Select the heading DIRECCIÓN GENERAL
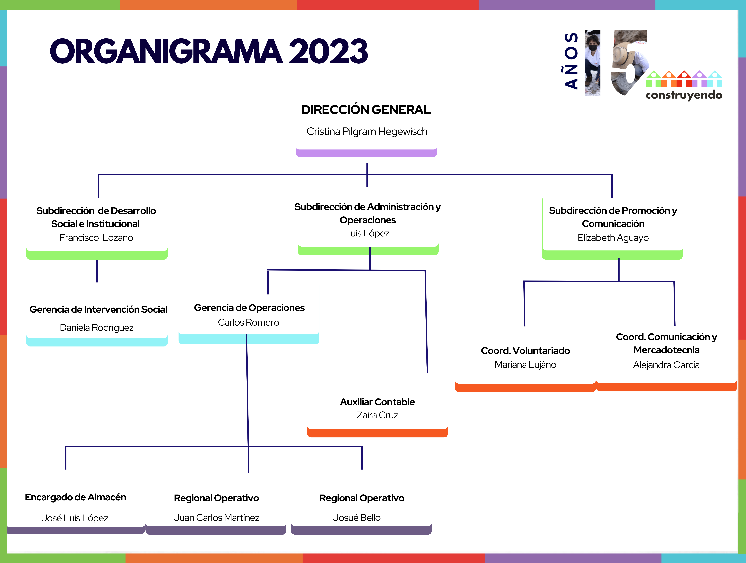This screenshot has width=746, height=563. point(366,110)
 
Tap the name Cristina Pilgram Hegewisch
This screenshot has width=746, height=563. point(367,132)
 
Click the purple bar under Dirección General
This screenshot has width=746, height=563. point(366,153)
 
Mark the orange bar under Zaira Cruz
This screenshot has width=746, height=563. point(377,433)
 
